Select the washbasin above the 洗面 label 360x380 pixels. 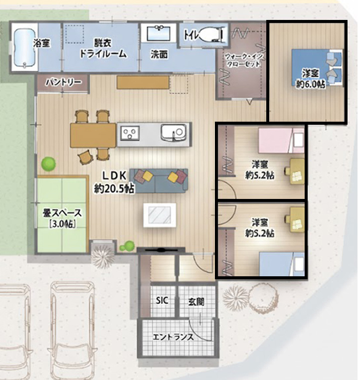pyautogui.click(x=159, y=33)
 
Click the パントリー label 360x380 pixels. pyautogui.click(x=63, y=82)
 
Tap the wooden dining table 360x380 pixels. pyautogui.click(x=93, y=135)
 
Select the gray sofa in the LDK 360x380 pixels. pyautogui.click(x=159, y=181)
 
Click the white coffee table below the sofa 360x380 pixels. pyautogui.click(x=160, y=215)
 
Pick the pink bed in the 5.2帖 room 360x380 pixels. pyautogui.click(x=281, y=141)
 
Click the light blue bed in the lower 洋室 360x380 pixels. pyautogui.click(x=282, y=264)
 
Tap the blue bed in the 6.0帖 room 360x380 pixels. pyautogui.click(x=317, y=68)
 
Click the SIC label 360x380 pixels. pyautogui.click(x=162, y=301)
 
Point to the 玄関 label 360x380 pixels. pyautogui.click(x=196, y=302)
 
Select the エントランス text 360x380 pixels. pyautogui.click(x=173, y=337)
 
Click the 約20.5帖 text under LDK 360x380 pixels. pyautogui.click(x=114, y=189)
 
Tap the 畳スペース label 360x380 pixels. pyautogui.click(x=62, y=213)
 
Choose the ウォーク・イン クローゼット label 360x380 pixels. pyautogui.click(x=244, y=60)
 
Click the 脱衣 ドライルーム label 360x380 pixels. pyautogui.click(x=103, y=48)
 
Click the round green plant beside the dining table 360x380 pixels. pyautogui.click(x=48, y=164)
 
